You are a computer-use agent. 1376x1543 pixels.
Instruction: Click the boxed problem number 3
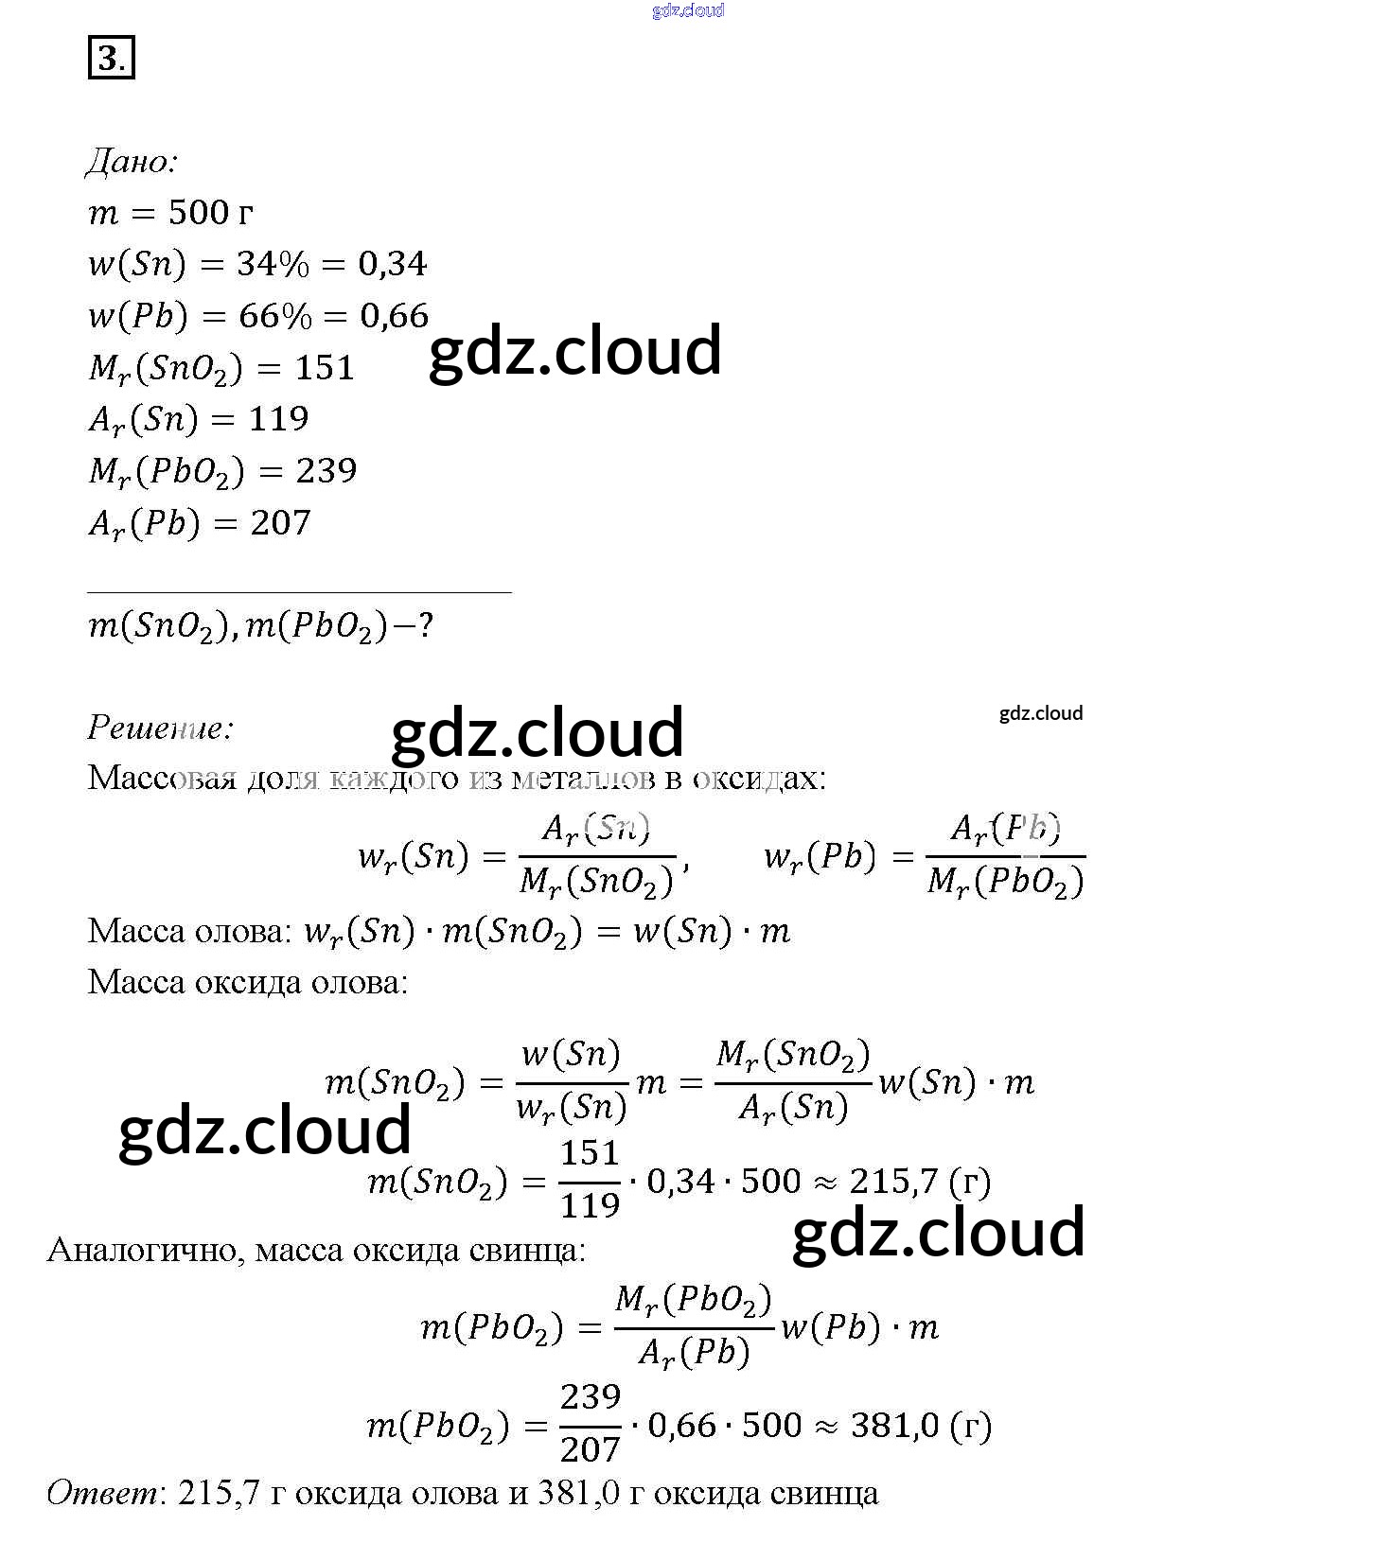(x=111, y=58)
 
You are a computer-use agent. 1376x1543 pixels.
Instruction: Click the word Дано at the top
(x=132, y=162)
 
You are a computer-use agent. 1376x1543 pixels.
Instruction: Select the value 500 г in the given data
(x=210, y=213)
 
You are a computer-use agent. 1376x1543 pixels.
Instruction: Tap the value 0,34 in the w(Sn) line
(x=393, y=264)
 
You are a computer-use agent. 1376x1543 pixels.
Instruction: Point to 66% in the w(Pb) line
(x=274, y=316)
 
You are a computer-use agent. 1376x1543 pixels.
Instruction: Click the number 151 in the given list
(x=325, y=368)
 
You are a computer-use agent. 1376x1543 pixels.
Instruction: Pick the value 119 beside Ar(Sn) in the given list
(x=278, y=419)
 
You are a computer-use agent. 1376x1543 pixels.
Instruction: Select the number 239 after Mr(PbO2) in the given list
(x=326, y=471)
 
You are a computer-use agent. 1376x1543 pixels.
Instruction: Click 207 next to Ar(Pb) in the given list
(x=280, y=523)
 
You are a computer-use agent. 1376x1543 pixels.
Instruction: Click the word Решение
(x=160, y=728)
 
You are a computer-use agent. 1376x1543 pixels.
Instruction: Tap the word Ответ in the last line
(x=102, y=1493)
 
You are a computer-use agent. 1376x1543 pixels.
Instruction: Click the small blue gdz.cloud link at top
(x=688, y=10)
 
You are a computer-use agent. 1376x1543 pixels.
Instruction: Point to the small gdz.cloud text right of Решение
(x=1041, y=713)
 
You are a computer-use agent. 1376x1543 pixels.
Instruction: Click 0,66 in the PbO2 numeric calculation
(x=681, y=1426)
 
